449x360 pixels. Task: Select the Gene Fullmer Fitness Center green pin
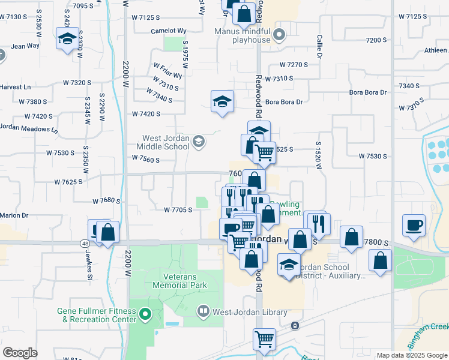pyautogui.click(x=144, y=314)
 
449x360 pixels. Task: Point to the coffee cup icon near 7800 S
pyautogui.click(x=414, y=226)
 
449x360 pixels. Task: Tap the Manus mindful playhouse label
pyautogui.click(x=244, y=34)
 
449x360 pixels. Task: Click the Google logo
pyautogui.click(x=20, y=353)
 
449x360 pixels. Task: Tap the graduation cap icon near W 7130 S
pyautogui.click(x=66, y=39)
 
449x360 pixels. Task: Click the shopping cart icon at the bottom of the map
pyautogui.click(x=264, y=339)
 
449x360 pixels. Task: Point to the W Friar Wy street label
pyautogui.click(x=167, y=71)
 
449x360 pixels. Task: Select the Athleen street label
pyautogui.click(x=435, y=50)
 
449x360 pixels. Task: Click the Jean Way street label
pyautogui.click(x=25, y=46)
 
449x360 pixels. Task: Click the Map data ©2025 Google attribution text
pyautogui.click(x=411, y=355)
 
